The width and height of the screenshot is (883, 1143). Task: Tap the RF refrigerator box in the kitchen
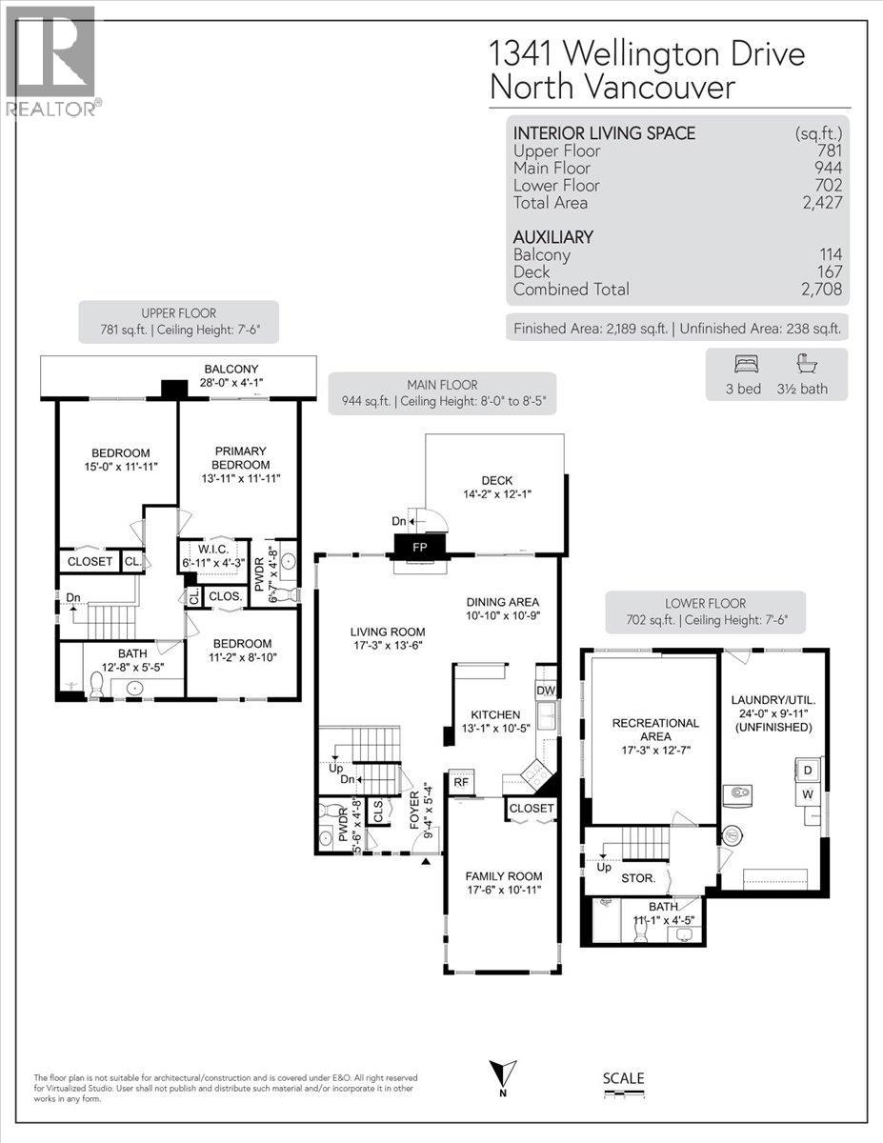[x=460, y=783]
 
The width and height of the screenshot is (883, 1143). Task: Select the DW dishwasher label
[x=546, y=690]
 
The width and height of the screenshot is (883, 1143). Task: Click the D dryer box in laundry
[x=809, y=768]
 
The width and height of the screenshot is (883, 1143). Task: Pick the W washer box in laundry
[x=809, y=793]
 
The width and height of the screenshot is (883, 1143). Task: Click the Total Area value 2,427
[x=820, y=203]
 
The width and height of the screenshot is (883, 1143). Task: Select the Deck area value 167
[x=828, y=272]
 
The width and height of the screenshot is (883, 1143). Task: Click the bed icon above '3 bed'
[x=743, y=363]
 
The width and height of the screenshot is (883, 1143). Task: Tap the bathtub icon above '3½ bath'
[x=808, y=363]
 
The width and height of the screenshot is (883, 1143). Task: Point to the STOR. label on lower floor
[x=638, y=878]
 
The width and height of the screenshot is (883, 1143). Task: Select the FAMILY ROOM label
[x=504, y=876]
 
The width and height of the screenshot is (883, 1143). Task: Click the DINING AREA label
[x=503, y=602]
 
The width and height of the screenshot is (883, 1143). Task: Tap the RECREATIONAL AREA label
[x=656, y=730]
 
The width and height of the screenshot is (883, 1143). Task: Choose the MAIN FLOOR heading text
[x=442, y=385]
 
